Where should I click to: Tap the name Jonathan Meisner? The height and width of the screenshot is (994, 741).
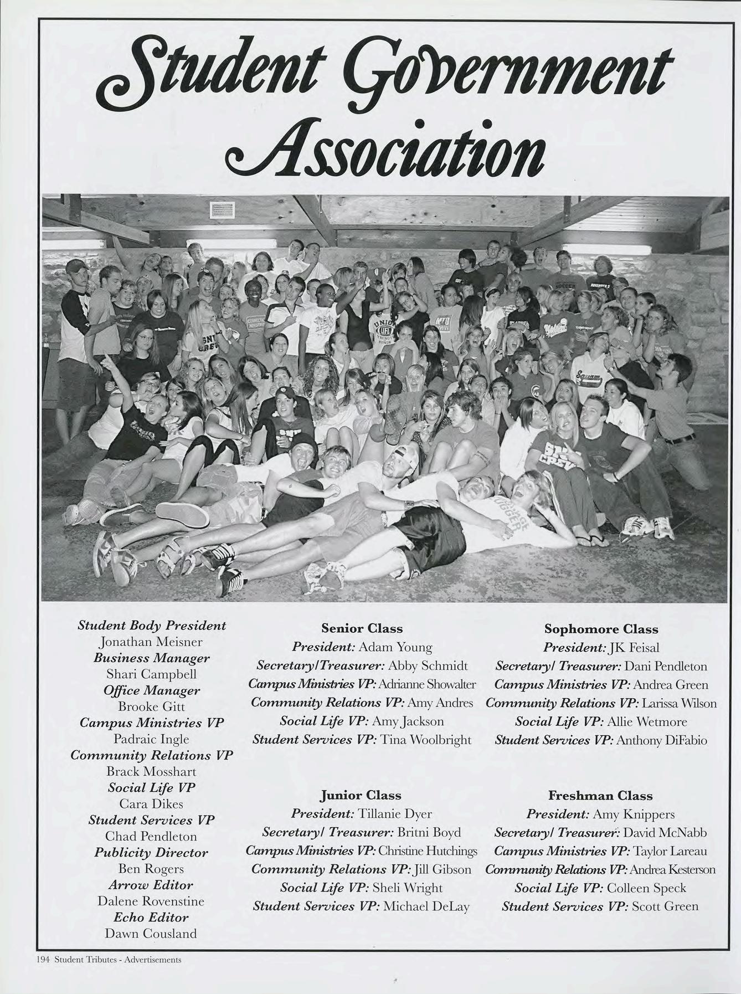click(151, 642)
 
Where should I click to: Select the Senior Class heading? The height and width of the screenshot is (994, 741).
click(362, 628)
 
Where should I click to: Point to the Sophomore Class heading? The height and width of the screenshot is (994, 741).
click(601, 629)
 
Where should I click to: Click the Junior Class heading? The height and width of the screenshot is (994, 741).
click(361, 795)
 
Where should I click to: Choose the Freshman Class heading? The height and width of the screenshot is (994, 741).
click(600, 796)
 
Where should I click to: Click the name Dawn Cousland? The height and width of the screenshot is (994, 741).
click(151, 934)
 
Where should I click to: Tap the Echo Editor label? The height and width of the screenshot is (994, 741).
click(151, 917)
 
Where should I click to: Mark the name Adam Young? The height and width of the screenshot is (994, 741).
click(395, 647)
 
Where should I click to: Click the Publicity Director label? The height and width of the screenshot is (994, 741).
click(151, 853)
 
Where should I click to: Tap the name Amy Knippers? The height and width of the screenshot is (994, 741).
click(634, 814)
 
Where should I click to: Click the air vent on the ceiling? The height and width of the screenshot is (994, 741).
click(223, 210)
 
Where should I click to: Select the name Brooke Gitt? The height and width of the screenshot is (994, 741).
click(151, 707)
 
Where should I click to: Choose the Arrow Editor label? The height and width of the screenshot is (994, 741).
click(151, 885)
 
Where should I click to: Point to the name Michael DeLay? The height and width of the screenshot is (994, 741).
click(426, 906)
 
